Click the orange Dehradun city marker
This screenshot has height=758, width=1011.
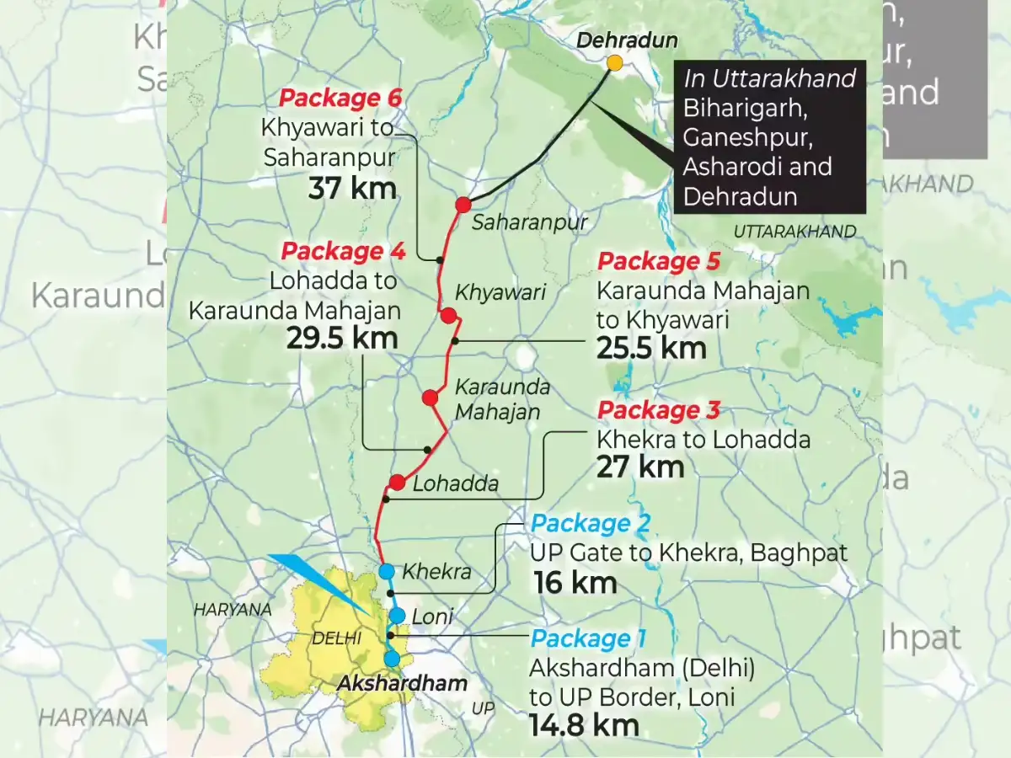point(615,63)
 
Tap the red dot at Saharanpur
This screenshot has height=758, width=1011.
point(463,205)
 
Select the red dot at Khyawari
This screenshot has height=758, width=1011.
point(448,316)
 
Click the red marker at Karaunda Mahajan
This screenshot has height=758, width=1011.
point(431,398)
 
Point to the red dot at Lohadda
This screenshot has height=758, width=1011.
point(398,483)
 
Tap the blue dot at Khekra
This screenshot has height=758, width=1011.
point(387,572)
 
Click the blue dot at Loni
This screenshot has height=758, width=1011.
point(397,616)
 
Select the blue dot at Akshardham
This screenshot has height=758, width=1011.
point(392,659)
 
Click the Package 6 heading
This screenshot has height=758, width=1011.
point(340,99)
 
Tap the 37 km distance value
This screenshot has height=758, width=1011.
point(352,188)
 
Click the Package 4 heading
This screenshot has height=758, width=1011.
point(343,251)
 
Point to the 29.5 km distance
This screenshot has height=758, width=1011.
point(343,338)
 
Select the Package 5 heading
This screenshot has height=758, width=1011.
point(658,262)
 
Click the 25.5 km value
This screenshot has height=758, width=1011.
point(651,348)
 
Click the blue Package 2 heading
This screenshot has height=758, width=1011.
point(590,525)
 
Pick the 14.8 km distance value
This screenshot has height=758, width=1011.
point(584,724)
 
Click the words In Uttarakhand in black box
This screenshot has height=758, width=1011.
point(769,79)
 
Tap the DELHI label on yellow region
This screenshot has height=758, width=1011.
point(336,639)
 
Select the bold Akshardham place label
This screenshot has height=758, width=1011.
point(401,684)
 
